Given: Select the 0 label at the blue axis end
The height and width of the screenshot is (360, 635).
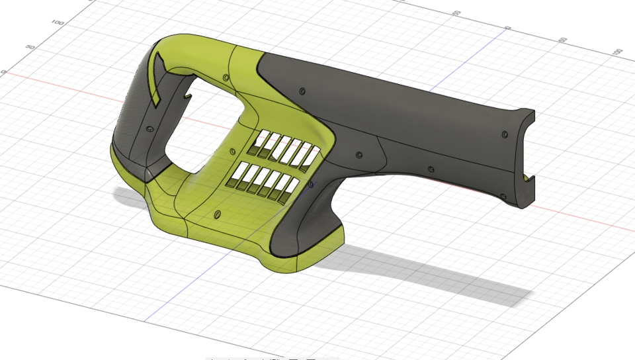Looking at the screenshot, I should (508, 28).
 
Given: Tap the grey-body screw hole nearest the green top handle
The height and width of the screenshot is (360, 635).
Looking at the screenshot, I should (302, 91).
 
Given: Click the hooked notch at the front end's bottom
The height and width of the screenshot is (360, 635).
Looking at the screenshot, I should (527, 177).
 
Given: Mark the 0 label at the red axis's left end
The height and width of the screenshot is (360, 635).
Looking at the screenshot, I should (3, 71).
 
